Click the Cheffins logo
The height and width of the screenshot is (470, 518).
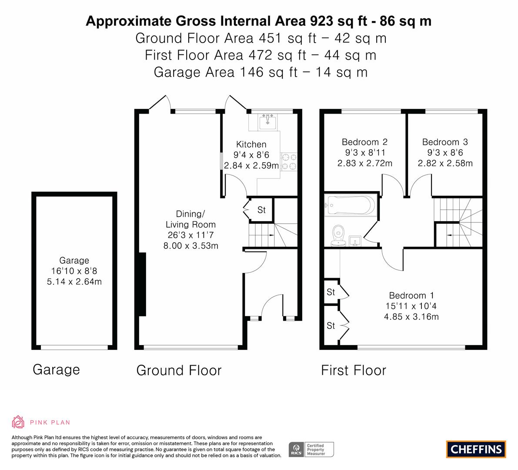[x=476, y=449]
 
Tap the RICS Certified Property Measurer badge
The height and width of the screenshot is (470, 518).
[x=311, y=450]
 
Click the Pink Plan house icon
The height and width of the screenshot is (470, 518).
[x=18, y=422]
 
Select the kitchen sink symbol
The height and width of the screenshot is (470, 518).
[x=267, y=121]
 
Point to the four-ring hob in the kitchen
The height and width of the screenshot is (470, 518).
[x=289, y=162]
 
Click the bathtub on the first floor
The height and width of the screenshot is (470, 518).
[x=351, y=205]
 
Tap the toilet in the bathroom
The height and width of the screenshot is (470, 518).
[x=338, y=236]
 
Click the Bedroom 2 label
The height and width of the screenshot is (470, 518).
[x=365, y=142]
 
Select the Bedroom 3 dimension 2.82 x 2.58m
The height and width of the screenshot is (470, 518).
[x=445, y=163]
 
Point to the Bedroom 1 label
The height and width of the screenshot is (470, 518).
[x=411, y=295]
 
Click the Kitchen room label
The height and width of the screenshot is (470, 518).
[x=251, y=144]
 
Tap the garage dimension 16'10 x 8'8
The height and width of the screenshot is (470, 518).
[x=74, y=271]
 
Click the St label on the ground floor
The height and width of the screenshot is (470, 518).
[x=261, y=210]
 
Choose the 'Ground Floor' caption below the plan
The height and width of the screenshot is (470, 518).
[x=179, y=370]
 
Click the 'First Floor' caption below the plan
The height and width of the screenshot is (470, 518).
[x=354, y=370]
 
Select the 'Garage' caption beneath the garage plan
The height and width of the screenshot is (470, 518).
[x=56, y=370]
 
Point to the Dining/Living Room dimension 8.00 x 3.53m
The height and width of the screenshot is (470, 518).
[x=190, y=246]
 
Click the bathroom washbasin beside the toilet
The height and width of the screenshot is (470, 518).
[x=355, y=241]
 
